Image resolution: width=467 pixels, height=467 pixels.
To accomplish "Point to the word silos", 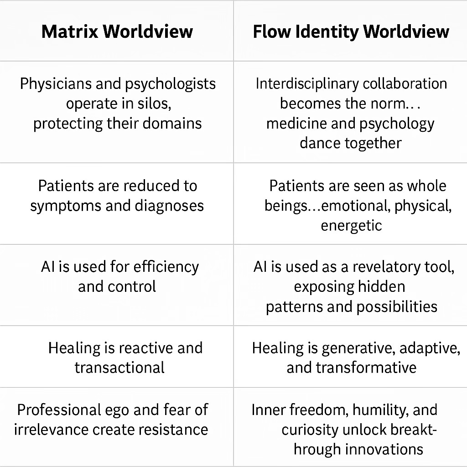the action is (154, 104).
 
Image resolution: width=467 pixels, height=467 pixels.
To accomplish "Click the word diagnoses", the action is (169, 206).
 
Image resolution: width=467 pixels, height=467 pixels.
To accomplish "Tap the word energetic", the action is (351, 226).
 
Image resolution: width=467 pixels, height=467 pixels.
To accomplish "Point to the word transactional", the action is (119, 368).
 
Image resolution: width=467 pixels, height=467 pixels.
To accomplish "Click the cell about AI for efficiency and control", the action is (117, 285).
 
